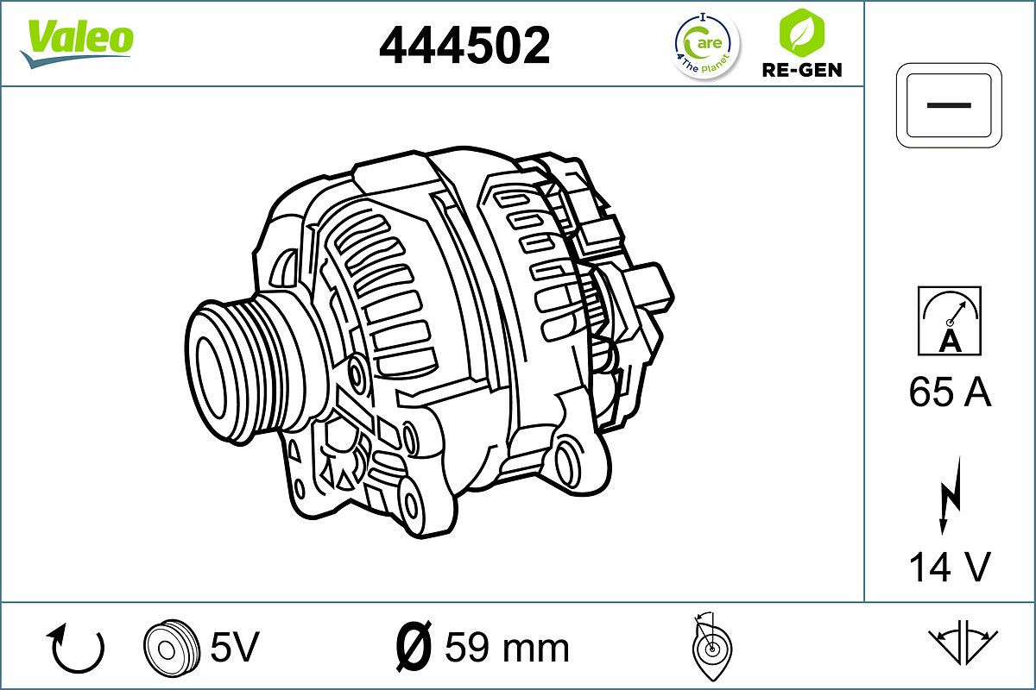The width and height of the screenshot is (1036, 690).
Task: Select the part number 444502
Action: [464, 45]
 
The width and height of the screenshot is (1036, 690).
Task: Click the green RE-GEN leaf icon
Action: [801, 31]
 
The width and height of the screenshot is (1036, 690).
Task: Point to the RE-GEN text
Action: [801, 70]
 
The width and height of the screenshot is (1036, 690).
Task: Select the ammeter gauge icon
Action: [949, 321]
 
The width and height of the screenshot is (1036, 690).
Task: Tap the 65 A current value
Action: [949, 393]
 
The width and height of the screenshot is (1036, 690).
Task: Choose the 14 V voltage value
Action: [949, 567]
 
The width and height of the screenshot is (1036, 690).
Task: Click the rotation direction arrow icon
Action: [77, 648]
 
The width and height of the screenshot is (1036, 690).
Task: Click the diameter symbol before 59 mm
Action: [412, 646]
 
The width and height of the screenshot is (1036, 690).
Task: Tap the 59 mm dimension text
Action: [507, 647]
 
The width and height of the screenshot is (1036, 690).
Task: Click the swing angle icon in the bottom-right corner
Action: [962, 643]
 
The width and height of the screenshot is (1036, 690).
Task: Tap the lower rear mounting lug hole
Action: [569, 462]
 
